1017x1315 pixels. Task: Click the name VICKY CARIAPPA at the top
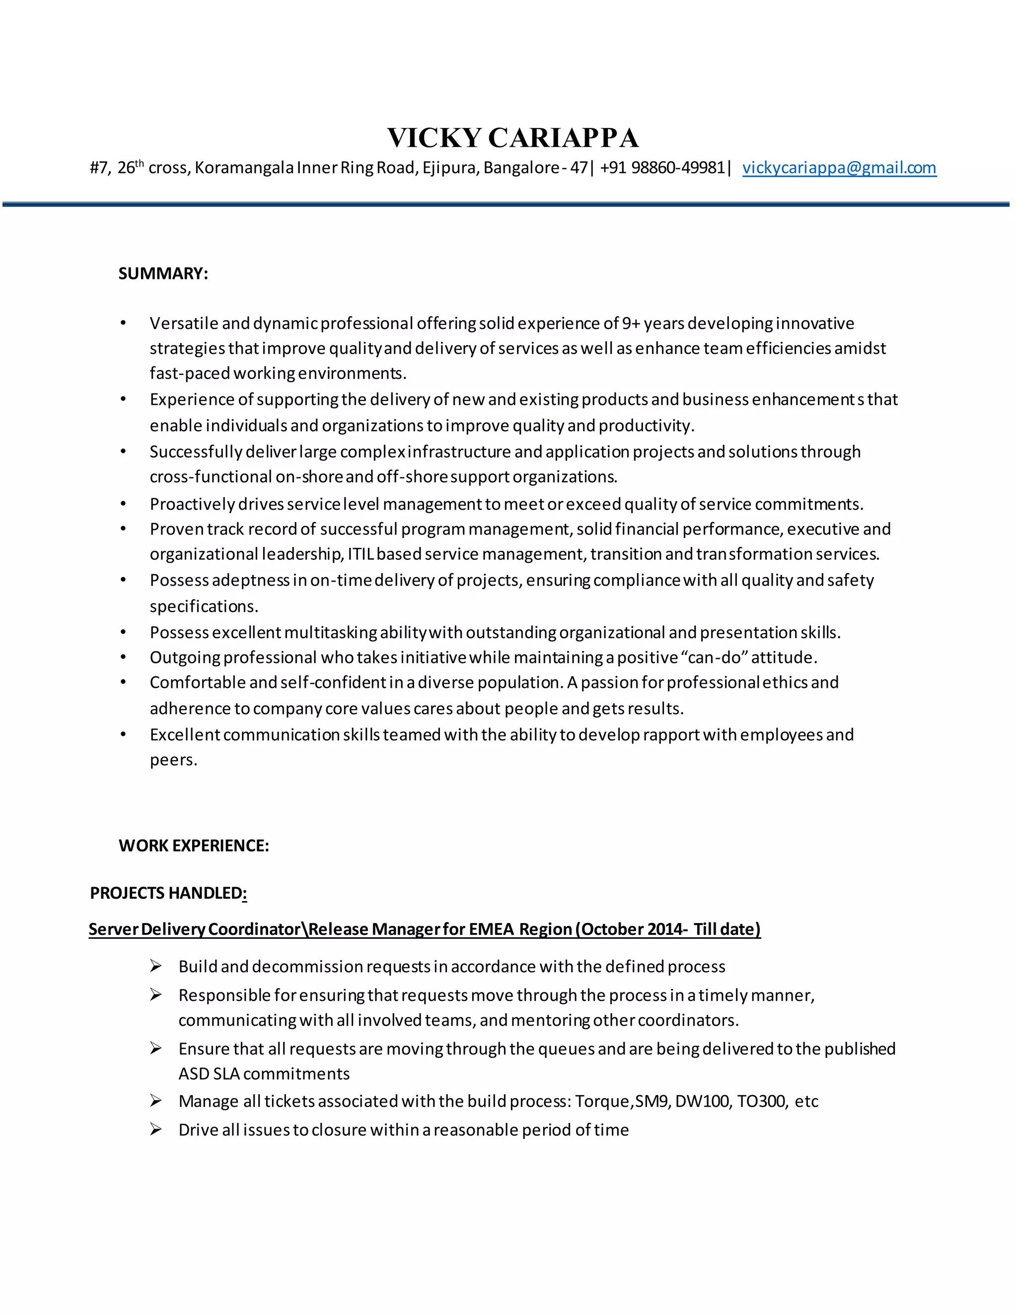click(x=512, y=138)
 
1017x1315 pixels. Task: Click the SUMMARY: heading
click(x=163, y=273)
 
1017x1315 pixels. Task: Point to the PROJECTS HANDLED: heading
click(x=168, y=892)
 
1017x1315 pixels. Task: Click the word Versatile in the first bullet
click(x=184, y=324)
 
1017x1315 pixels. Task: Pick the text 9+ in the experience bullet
click(x=631, y=324)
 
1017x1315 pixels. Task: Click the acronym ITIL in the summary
click(x=361, y=554)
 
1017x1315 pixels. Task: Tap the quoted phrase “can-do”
click(x=714, y=657)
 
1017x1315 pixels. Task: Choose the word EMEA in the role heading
click(x=491, y=929)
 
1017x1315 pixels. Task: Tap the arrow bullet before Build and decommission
click(x=156, y=966)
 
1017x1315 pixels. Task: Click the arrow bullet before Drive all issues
click(x=156, y=1129)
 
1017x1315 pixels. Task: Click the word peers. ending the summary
click(x=173, y=760)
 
